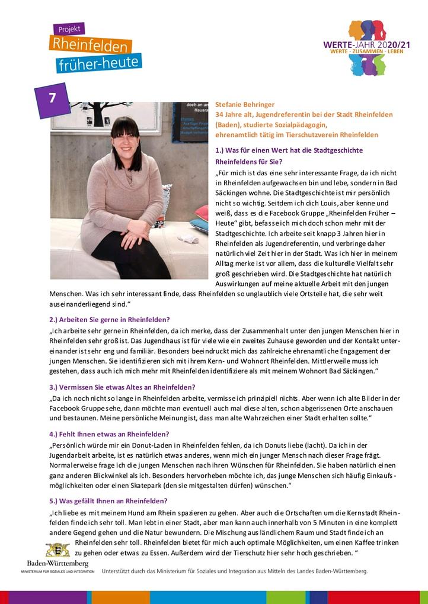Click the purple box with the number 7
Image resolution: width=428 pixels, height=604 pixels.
(52, 98)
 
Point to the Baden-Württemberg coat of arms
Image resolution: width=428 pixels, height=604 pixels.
(58, 549)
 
